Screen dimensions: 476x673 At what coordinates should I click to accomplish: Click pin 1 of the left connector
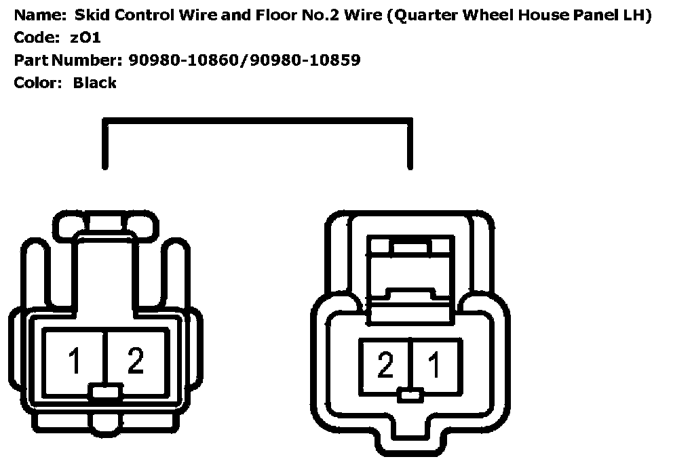74,361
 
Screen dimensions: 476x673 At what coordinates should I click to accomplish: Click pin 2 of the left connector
136,361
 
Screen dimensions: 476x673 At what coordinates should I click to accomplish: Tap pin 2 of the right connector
385,366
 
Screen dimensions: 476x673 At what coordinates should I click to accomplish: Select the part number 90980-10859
305,60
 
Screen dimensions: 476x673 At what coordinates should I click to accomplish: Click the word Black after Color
95,83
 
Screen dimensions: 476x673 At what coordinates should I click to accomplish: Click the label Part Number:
68,60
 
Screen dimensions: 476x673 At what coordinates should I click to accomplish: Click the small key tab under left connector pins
105,391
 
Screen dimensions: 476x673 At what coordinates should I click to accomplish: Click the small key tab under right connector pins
410,395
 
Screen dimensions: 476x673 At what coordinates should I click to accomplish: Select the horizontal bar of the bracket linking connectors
257,122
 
